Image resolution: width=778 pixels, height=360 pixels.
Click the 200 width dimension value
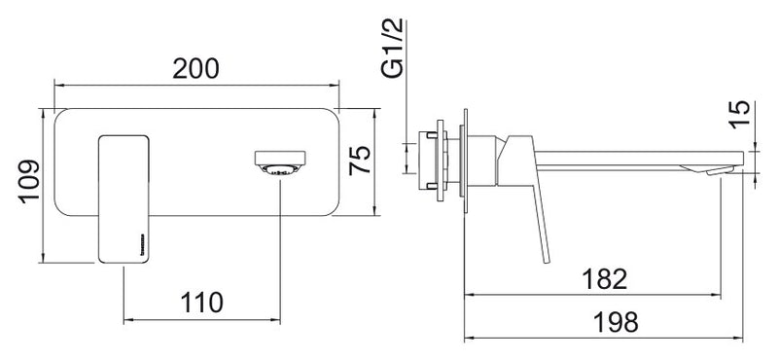click(x=195, y=68)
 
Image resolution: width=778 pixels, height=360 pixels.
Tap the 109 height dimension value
click(x=29, y=181)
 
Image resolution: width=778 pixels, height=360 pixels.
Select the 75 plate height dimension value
click(x=360, y=160)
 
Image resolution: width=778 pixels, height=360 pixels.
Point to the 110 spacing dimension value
click(x=201, y=303)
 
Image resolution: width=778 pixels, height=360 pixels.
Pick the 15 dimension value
click(x=741, y=115)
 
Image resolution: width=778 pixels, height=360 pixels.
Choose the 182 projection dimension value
click(x=604, y=279)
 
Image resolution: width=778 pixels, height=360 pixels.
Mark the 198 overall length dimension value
click(x=616, y=322)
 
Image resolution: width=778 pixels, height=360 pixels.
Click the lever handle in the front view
click(x=124, y=198)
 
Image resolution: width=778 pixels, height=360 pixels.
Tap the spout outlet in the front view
click(x=280, y=164)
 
